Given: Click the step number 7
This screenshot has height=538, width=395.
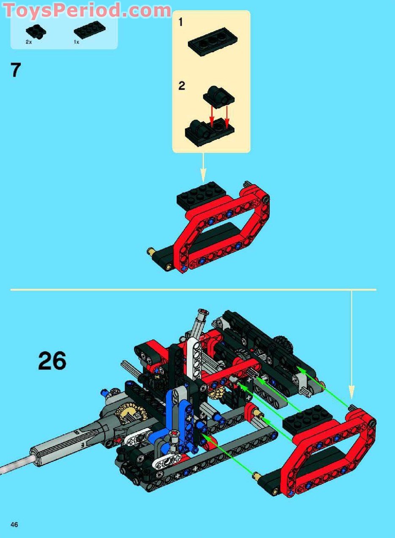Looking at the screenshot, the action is pyautogui.click(x=16, y=70).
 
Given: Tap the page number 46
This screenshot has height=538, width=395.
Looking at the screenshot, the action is pyautogui.click(x=14, y=522).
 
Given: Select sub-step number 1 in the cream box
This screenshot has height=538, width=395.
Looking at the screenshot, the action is pyautogui.click(x=180, y=22).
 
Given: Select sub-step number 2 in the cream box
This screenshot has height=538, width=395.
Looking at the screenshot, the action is pyautogui.click(x=182, y=86).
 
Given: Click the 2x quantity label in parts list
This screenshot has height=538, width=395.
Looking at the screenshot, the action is pyautogui.click(x=29, y=42).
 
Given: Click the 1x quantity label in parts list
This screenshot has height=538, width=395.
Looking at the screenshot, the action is pyautogui.click(x=77, y=42).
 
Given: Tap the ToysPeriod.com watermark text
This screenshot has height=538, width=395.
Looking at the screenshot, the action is pyautogui.click(x=87, y=10).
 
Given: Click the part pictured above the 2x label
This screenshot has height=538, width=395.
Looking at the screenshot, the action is pyautogui.click(x=36, y=31).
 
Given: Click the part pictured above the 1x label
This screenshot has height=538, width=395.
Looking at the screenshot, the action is pyautogui.click(x=91, y=30).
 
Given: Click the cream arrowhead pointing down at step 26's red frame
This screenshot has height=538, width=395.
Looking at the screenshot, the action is pyautogui.click(x=351, y=393).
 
